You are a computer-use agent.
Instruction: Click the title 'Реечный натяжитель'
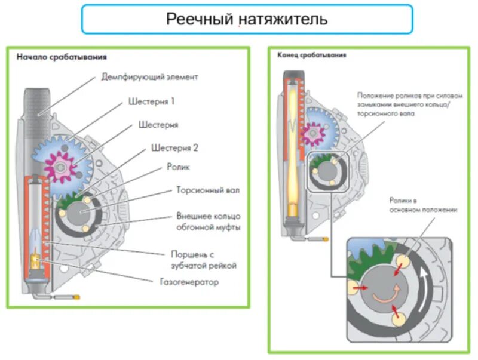[x=247, y=19]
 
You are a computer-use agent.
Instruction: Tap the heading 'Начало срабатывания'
[x=62, y=57]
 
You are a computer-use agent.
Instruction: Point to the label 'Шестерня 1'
[x=152, y=101]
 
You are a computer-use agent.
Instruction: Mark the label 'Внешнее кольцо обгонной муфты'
[x=208, y=221]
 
